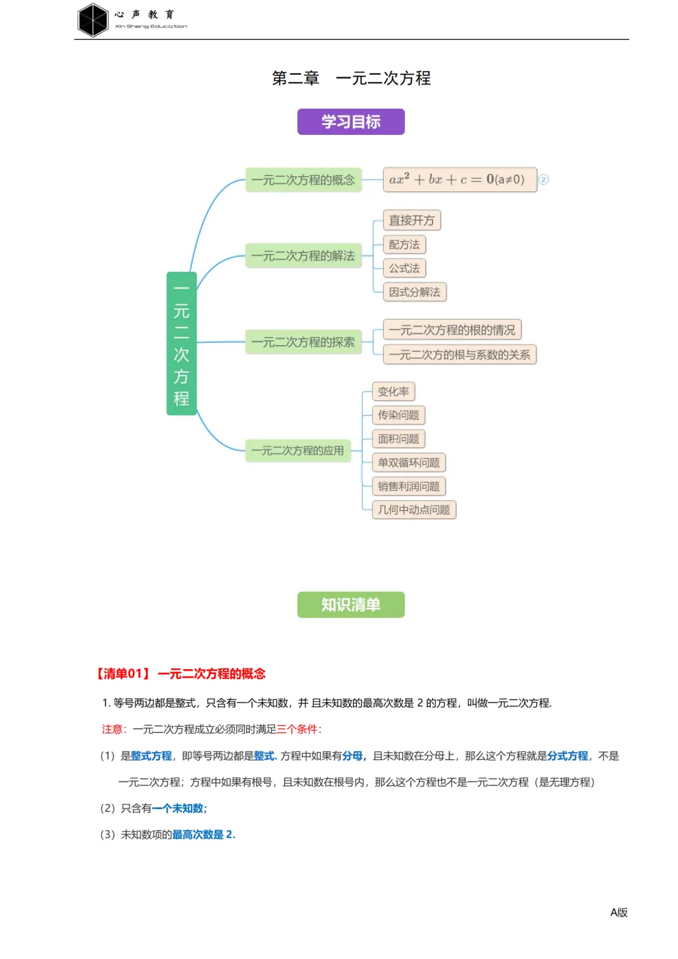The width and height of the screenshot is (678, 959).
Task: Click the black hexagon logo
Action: tap(93, 20)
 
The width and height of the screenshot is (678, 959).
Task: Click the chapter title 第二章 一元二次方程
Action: tap(351, 78)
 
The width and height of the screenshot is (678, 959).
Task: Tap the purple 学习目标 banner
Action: tap(351, 122)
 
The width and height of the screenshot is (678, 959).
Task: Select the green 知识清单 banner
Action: tap(351, 604)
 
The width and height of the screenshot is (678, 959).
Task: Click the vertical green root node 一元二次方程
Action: tap(181, 343)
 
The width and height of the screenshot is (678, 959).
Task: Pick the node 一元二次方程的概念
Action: tap(303, 180)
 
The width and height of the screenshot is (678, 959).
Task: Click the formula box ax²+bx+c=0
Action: tap(460, 179)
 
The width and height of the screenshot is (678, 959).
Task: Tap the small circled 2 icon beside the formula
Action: tap(544, 179)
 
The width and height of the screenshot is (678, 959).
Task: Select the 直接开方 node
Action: tap(412, 220)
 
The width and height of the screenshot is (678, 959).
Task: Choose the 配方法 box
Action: tap(404, 244)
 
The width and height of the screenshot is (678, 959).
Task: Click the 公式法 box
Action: tap(404, 268)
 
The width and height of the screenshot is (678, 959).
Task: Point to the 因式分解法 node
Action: tap(414, 292)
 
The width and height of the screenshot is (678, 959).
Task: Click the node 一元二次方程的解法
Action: tap(303, 255)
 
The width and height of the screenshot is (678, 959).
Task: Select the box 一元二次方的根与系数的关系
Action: tap(460, 355)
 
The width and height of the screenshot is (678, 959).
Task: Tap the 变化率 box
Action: tap(394, 392)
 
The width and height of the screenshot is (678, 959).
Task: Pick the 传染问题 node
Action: tap(399, 415)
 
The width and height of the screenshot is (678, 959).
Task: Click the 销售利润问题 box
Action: tap(409, 486)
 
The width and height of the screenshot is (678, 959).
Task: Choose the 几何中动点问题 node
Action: tap(414, 510)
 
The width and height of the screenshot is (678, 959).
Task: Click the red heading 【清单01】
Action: tap(124, 673)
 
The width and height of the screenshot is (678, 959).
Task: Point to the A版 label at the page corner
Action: tap(618, 912)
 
